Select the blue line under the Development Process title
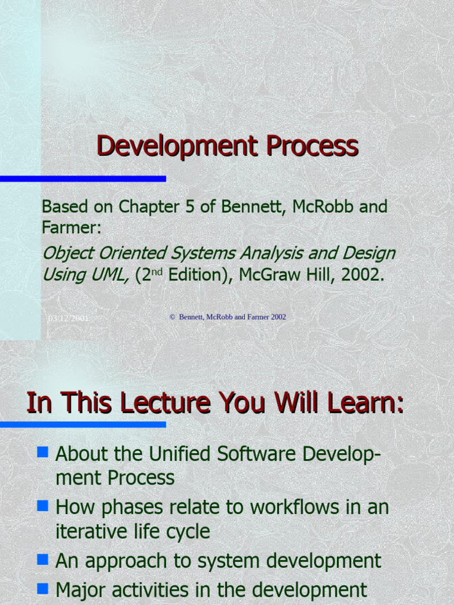point(83,178)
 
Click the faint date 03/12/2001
point(69,318)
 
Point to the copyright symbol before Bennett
point(173,317)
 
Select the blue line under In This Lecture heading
point(83,424)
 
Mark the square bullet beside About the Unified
point(42,453)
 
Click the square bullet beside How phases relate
point(42,506)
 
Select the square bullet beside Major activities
point(42,588)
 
